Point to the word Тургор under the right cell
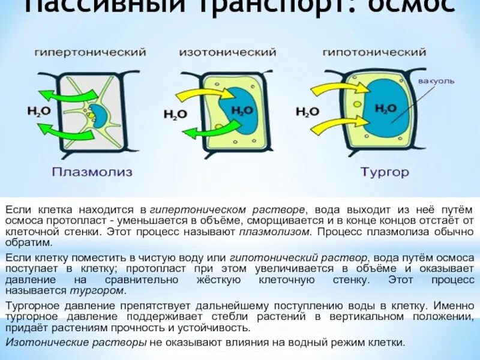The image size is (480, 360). [x=385, y=172]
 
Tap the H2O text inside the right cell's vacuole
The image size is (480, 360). [x=385, y=108]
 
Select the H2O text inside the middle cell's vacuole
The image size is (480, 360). [x=242, y=110]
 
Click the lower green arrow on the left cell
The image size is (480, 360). [x=66, y=131]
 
